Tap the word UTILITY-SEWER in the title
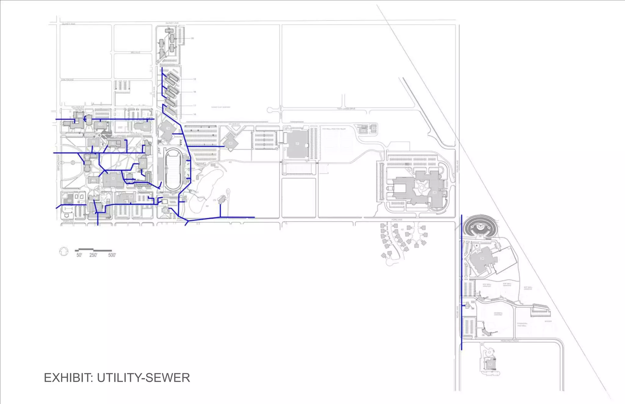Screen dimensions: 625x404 143,378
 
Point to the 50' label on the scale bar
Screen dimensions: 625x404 79,255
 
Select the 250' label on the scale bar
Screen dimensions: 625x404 93,255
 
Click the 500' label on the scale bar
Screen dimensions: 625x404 112,255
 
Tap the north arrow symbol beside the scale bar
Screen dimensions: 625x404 63,252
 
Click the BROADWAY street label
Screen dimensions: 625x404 59,162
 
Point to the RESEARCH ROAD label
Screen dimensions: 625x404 510,341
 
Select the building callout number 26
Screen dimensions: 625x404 192,38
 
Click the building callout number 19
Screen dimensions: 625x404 194,79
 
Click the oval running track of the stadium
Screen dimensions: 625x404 173,169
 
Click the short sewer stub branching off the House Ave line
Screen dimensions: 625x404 465,305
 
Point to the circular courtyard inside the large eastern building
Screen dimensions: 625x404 421,188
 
